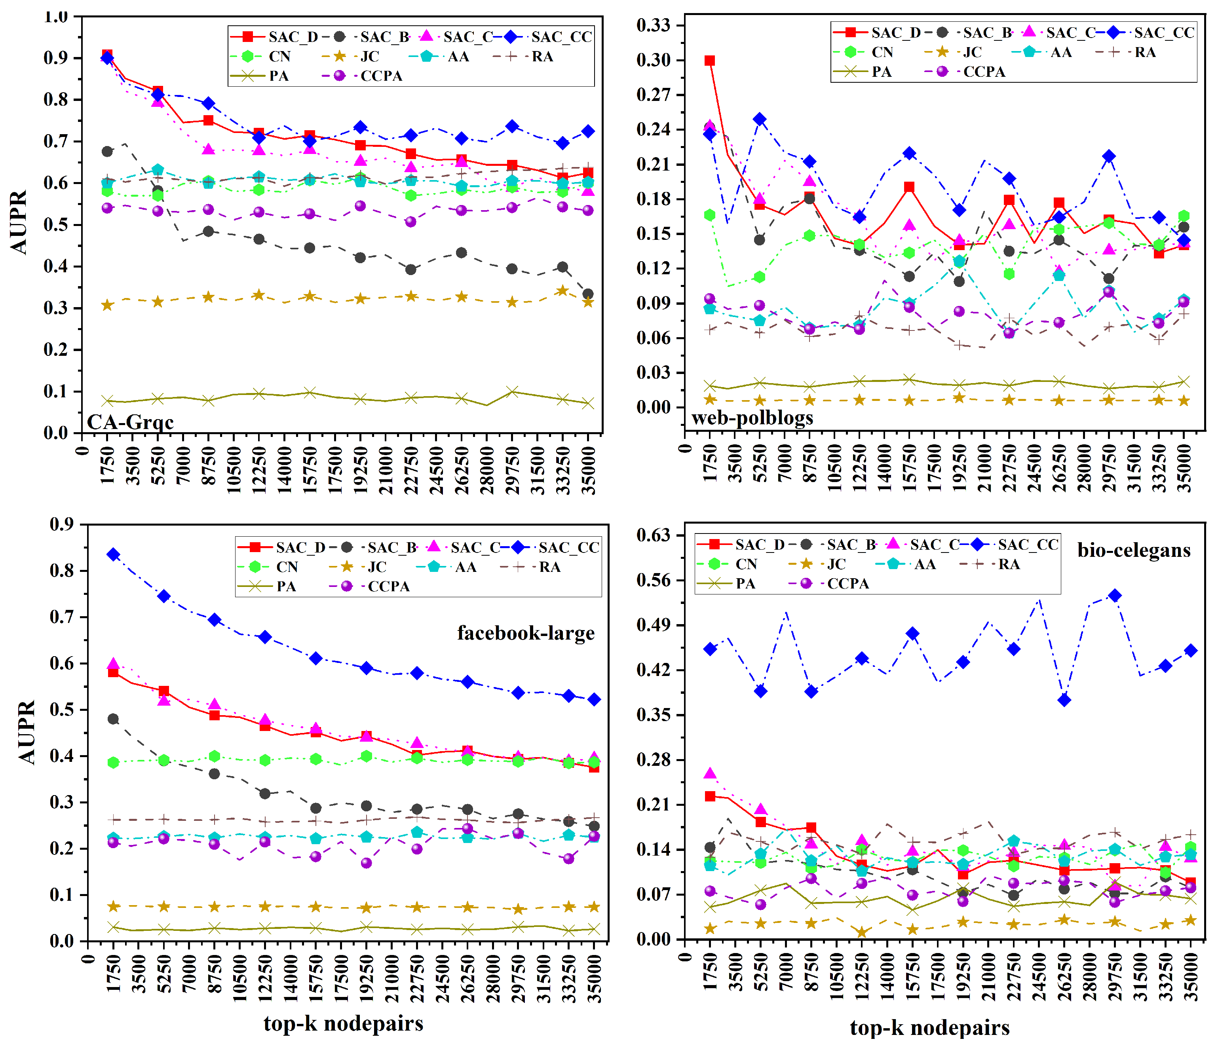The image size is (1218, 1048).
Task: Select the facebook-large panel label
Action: [526, 633]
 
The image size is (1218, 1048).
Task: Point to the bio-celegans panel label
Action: [1133, 550]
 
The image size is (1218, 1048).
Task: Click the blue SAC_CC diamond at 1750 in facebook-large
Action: [114, 554]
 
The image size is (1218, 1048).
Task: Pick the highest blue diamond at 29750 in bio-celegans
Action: [1115, 595]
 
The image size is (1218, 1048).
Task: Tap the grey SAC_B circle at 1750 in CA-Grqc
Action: [107, 152]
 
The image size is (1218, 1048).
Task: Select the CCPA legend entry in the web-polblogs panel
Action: [983, 72]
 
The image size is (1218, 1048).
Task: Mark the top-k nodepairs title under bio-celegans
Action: [929, 1027]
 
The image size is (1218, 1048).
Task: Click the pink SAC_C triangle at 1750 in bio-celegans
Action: [710, 773]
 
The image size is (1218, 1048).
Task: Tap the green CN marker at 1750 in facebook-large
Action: [114, 762]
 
